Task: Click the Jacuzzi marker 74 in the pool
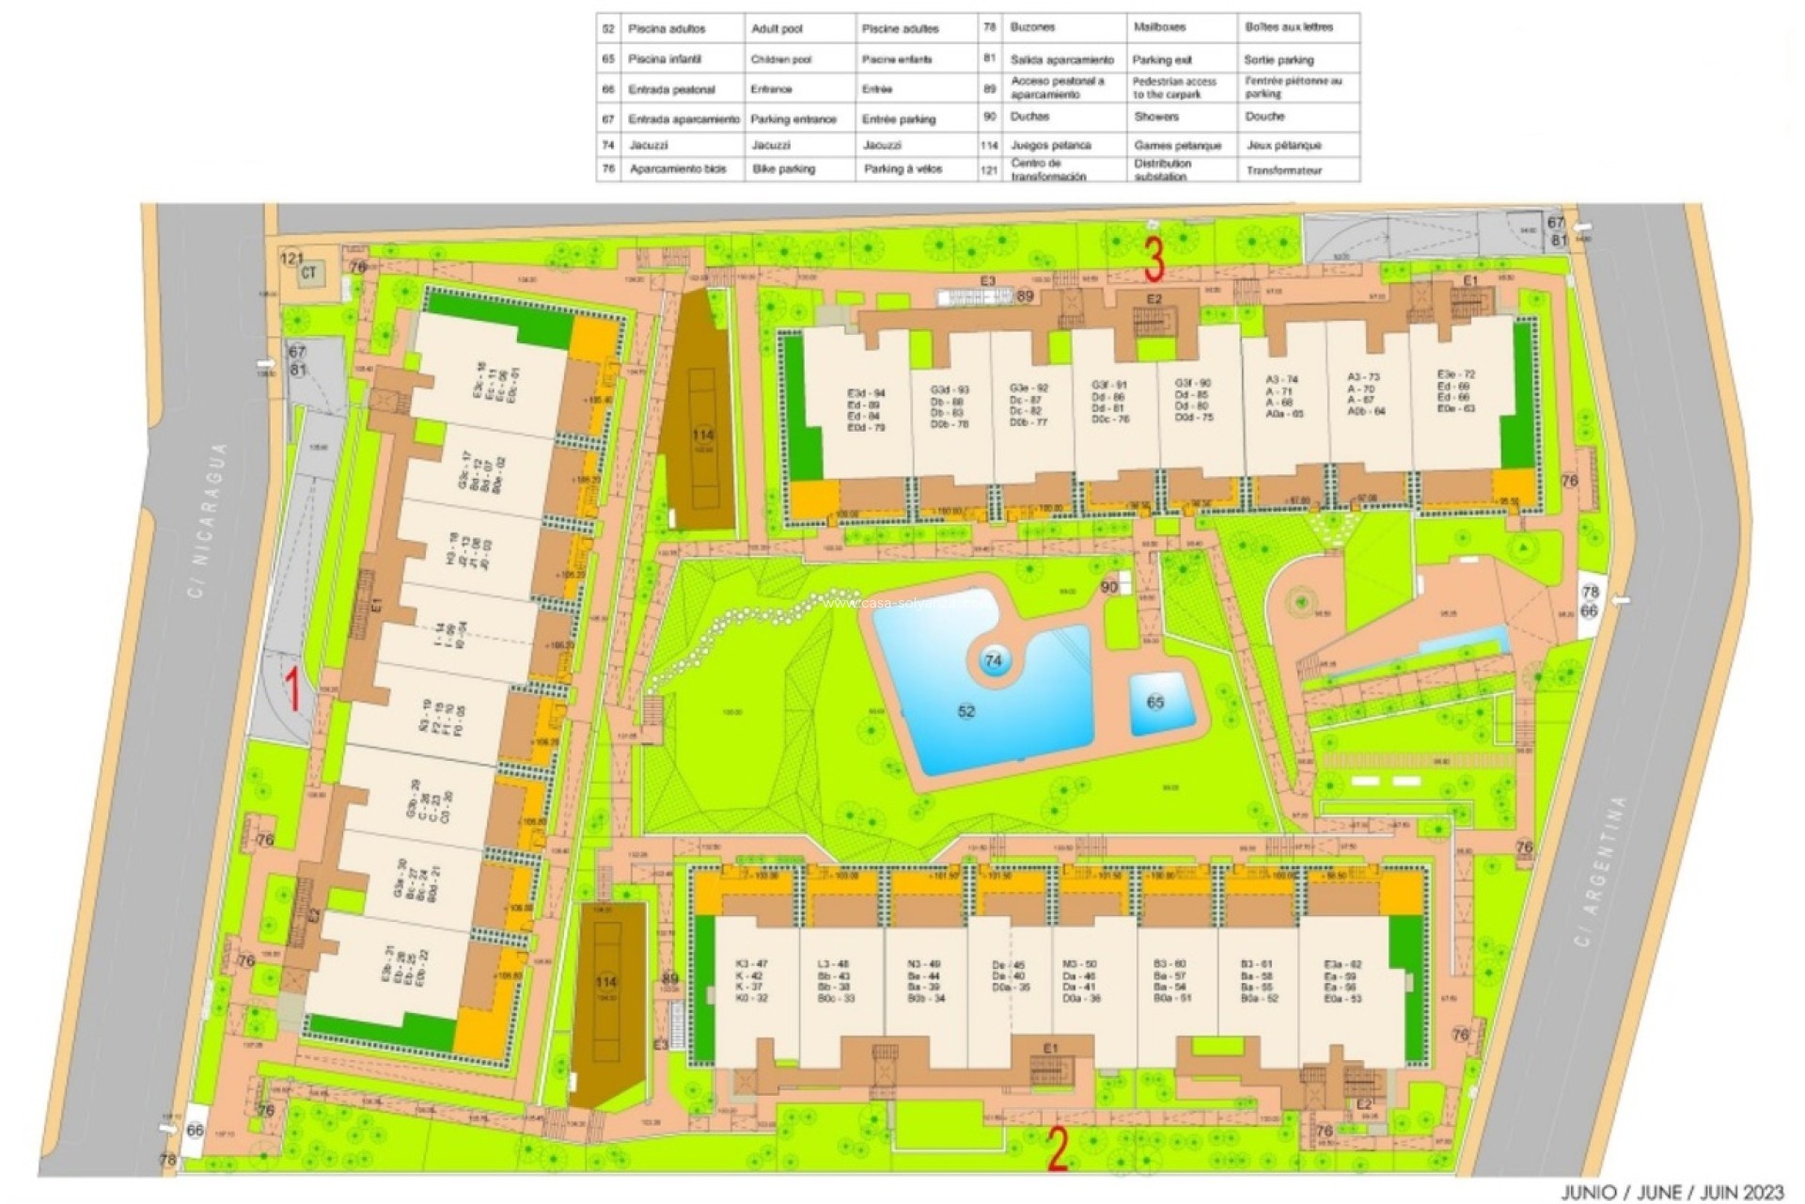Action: pyautogui.click(x=993, y=661)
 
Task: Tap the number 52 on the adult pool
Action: pyautogui.click(x=966, y=711)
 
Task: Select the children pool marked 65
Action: pyautogui.click(x=1155, y=703)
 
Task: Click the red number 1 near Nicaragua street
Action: pyautogui.click(x=293, y=689)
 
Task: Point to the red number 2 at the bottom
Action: pyautogui.click(x=1057, y=1149)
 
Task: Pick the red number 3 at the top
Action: pyautogui.click(x=1154, y=259)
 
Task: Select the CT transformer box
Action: pyautogui.click(x=308, y=275)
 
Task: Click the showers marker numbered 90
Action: pyautogui.click(x=1109, y=587)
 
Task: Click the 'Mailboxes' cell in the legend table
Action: pyautogui.click(x=1162, y=28)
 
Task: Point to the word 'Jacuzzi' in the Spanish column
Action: pyautogui.click(x=648, y=145)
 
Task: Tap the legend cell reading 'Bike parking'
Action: pyautogui.click(x=783, y=169)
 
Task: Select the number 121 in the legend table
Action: pyautogui.click(x=988, y=170)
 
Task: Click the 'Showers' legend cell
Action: pyautogui.click(x=1155, y=117)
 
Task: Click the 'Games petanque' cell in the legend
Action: pyautogui.click(x=1177, y=145)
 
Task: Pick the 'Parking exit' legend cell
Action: pyautogui.click(x=1162, y=59)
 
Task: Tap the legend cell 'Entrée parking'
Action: pyautogui.click(x=898, y=119)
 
